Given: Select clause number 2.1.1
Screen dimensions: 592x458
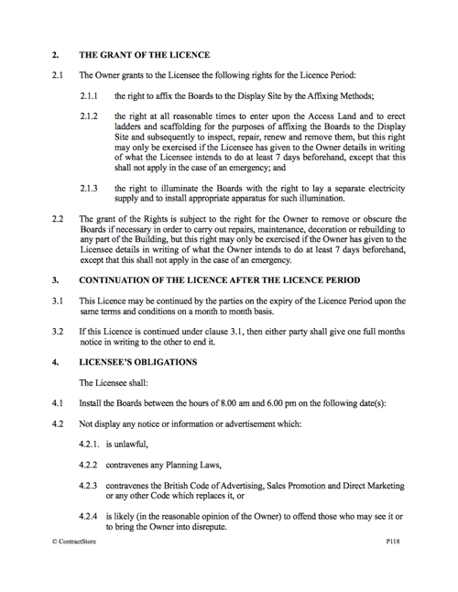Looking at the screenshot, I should (x=91, y=95).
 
